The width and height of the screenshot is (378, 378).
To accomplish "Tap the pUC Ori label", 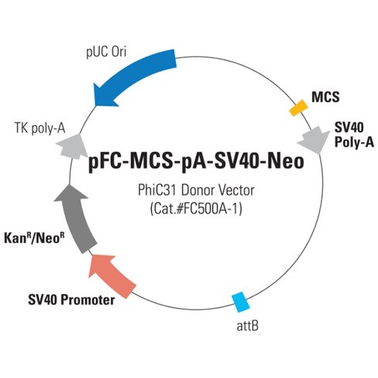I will (x=107, y=53).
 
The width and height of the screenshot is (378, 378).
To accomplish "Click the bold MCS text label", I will (x=324, y=96).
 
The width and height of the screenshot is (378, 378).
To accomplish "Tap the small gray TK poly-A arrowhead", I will (x=73, y=145).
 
